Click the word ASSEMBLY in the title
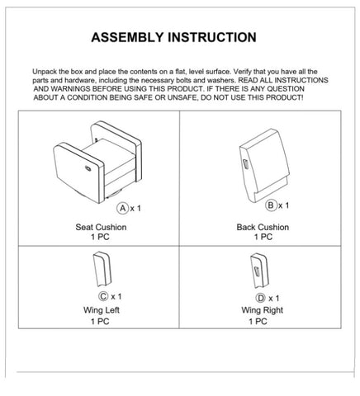127,37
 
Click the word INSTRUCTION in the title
212,37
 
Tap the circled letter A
123,208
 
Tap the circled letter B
271,205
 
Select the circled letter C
103,296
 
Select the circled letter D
260,298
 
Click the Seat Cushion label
101,227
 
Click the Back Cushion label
263,227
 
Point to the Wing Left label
102,310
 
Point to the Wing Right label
263,310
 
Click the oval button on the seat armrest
88,168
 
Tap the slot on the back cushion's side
245,164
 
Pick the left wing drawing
102,269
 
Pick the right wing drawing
259,271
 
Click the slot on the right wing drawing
257,271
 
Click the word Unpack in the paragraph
45,72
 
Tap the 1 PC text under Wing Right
258,321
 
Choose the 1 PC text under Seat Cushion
100,237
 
